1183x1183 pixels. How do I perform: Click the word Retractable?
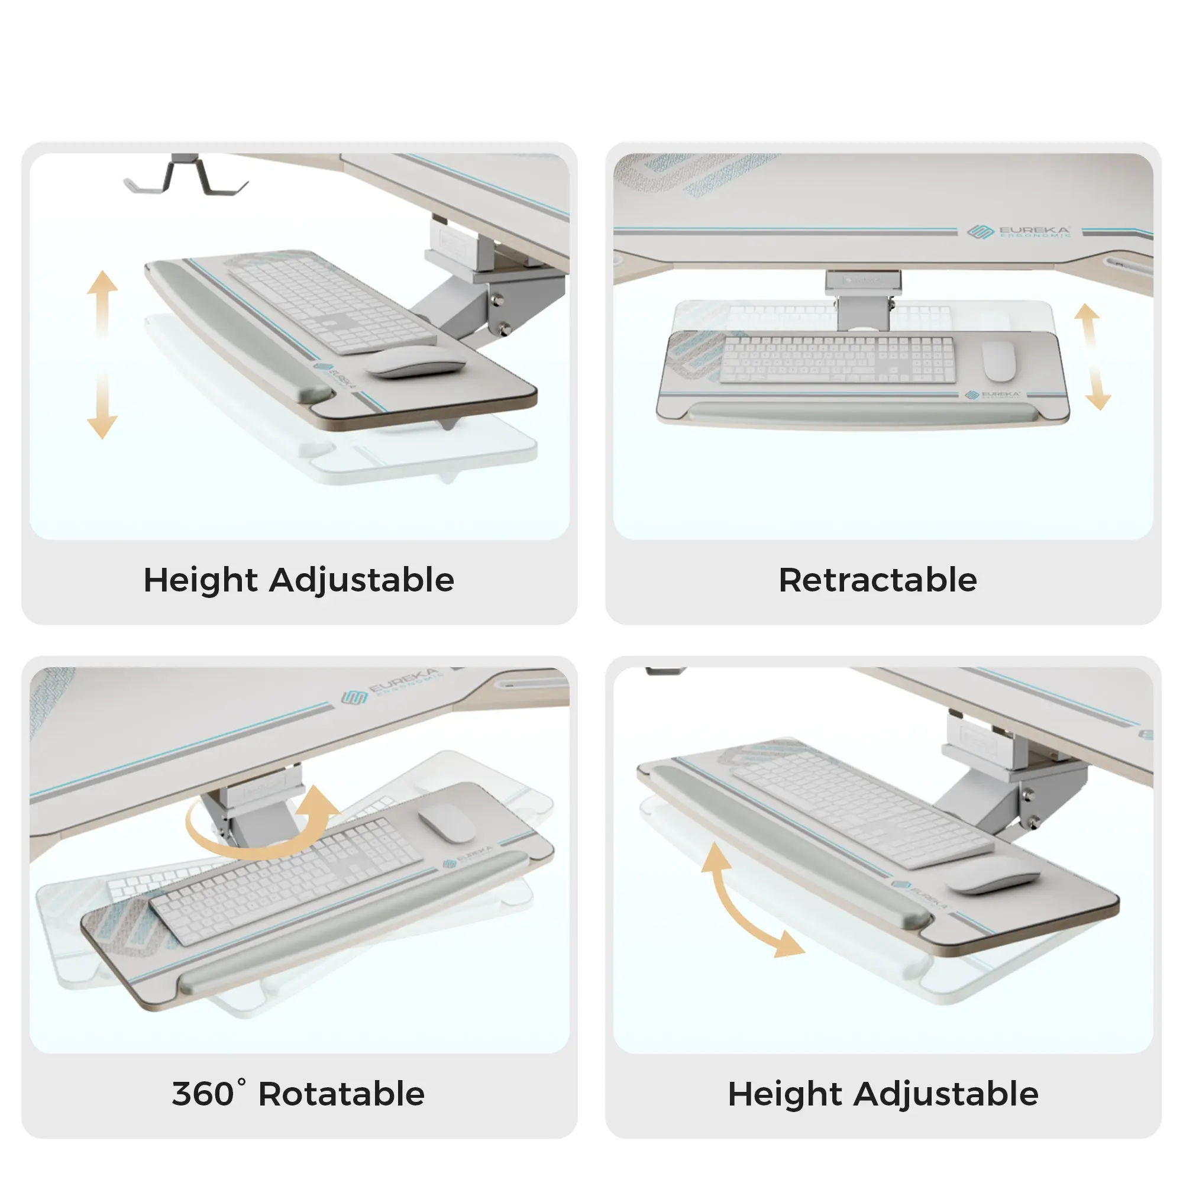(x=877, y=580)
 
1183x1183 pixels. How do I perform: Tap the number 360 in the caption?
(x=203, y=1094)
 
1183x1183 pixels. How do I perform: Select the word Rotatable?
(x=341, y=1094)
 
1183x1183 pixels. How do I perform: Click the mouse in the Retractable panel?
(x=998, y=361)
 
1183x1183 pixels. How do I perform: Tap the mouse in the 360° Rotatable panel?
(x=445, y=822)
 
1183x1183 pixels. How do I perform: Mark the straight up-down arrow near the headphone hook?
(x=102, y=354)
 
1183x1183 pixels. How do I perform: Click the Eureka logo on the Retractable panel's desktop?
(x=1019, y=231)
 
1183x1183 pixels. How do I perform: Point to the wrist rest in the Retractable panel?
(x=864, y=413)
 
